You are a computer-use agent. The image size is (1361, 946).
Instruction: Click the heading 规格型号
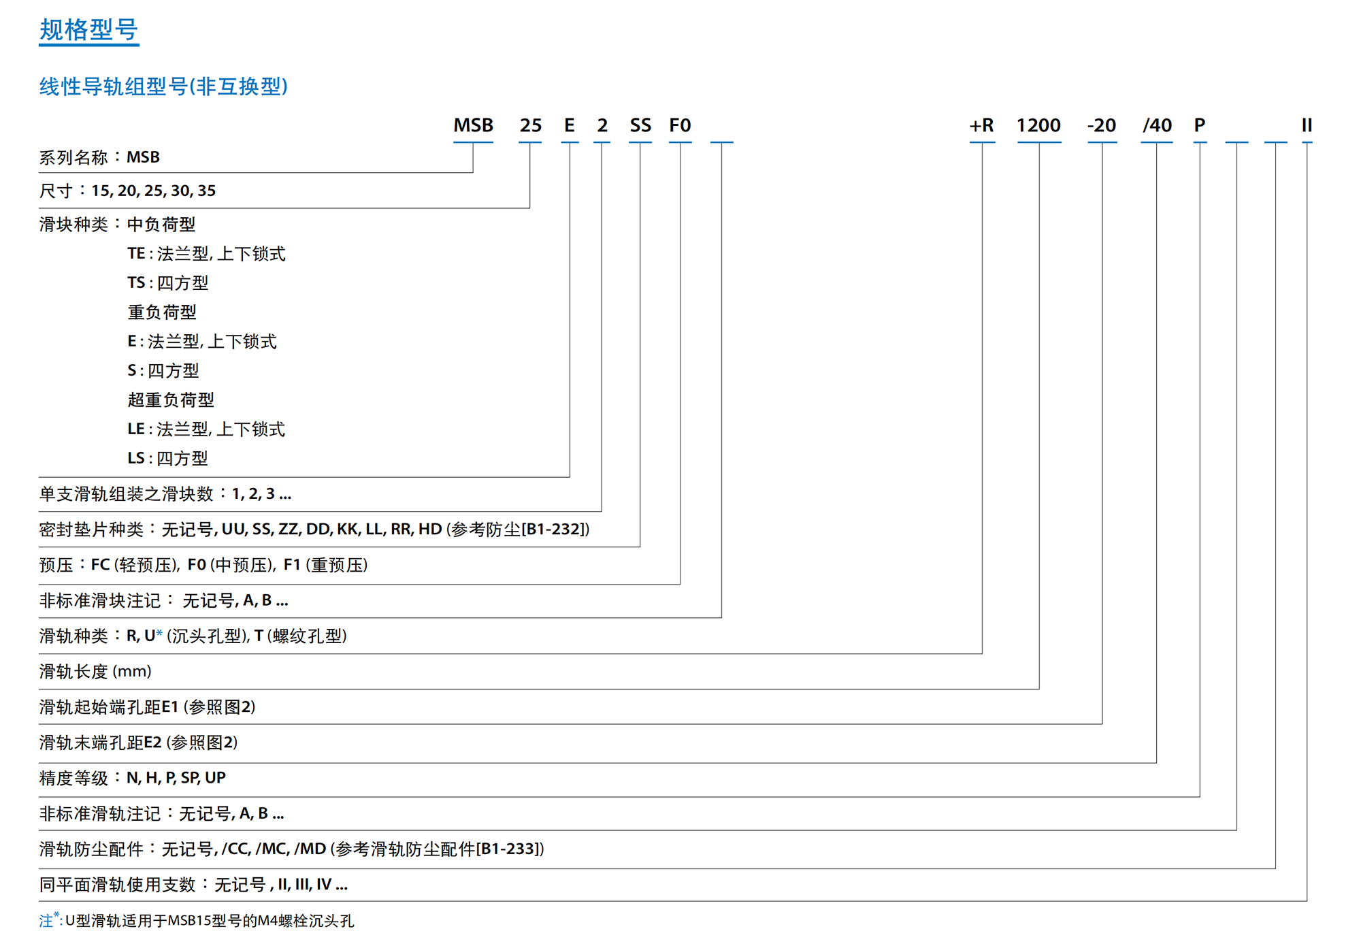(x=88, y=30)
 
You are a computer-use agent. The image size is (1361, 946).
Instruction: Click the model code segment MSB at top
(x=473, y=125)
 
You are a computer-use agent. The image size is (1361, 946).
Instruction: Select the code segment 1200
(x=1038, y=125)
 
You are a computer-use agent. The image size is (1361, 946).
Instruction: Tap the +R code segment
(x=981, y=125)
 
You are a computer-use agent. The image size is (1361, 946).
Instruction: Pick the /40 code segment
(x=1157, y=125)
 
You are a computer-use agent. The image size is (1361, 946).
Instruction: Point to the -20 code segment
(x=1102, y=125)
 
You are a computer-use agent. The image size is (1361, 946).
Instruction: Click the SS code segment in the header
(x=640, y=125)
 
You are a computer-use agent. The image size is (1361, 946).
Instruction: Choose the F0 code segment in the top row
(x=680, y=125)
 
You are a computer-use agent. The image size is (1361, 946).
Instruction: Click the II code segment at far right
(x=1307, y=125)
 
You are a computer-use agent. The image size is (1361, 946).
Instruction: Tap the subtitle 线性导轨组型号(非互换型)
(x=163, y=86)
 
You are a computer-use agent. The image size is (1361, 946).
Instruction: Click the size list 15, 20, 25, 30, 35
(x=153, y=191)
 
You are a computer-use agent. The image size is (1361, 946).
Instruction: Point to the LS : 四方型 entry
(x=167, y=458)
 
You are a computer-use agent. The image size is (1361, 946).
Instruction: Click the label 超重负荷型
(x=171, y=399)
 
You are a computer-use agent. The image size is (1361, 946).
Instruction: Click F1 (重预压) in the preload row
(x=325, y=565)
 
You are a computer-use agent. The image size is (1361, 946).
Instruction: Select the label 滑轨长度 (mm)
(x=95, y=671)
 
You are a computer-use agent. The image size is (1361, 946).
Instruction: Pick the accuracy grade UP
(x=215, y=777)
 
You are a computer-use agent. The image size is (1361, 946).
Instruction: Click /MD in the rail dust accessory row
(x=310, y=849)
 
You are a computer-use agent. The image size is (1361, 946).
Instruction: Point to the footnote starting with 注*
(x=197, y=920)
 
